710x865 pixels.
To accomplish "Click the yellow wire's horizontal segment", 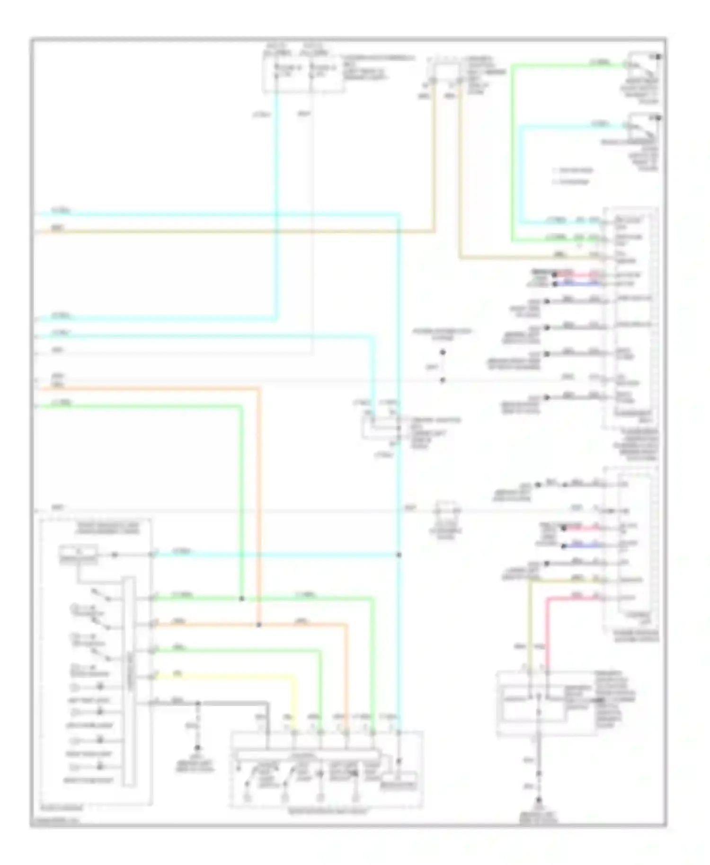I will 222,677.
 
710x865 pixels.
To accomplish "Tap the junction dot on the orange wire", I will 258,625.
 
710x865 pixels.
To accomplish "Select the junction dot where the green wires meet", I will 241,599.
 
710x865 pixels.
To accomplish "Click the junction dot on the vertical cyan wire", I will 399,555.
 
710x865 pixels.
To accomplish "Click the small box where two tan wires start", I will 445,71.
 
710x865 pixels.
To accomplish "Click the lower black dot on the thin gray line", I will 443,380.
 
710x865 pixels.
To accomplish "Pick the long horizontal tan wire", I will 237,231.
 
